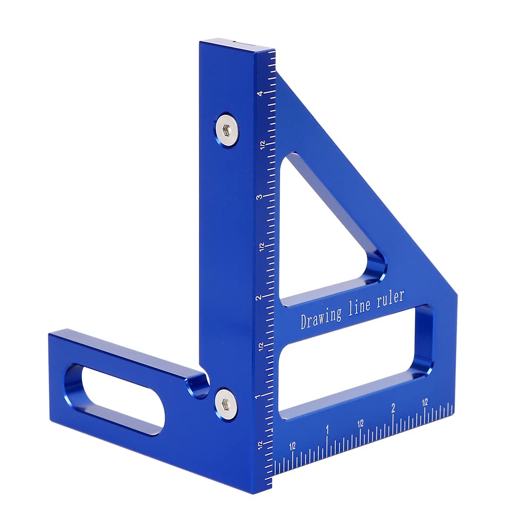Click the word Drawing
pyautogui.click(x=321, y=317)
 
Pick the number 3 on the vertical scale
pyautogui.click(x=259, y=197)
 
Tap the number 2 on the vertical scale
pyautogui.click(x=259, y=298)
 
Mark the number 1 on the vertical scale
pyautogui.click(x=258, y=396)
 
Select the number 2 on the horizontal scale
pyautogui.click(x=393, y=408)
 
